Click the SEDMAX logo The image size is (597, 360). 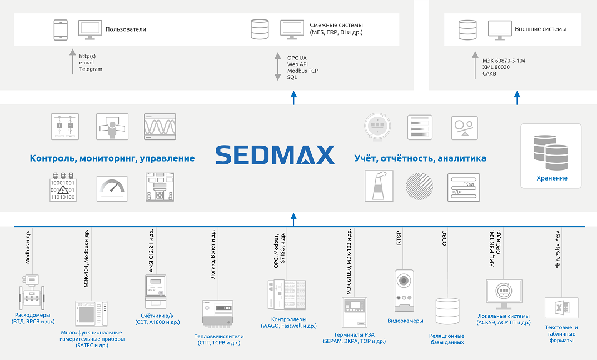point(275,155)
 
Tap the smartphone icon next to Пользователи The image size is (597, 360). point(61,29)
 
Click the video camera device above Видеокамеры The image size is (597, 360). point(404,291)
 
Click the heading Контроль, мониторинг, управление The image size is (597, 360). point(112,158)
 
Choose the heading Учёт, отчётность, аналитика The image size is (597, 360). point(420,158)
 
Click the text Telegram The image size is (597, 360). point(91,69)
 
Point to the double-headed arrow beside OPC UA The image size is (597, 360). point(277,67)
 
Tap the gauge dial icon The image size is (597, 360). point(112,188)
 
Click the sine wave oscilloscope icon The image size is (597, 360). point(160,127)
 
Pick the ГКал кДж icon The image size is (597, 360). point(464,187)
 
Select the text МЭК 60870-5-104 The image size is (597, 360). point(504,61)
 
